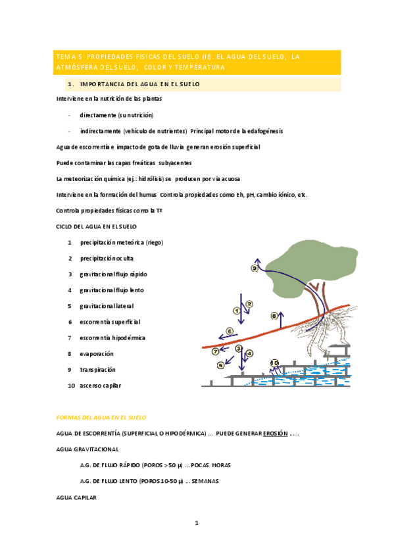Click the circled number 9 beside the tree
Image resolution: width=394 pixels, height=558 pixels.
tap(255, 268)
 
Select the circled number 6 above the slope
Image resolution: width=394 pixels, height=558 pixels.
tap(230, 331)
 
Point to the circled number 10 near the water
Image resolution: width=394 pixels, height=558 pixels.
tap(274, 363)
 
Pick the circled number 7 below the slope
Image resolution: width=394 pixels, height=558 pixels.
tap(215, 351)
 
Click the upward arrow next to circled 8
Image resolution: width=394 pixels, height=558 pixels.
tap(282, 320)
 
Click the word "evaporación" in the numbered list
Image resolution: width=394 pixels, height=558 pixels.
tap(97, 353)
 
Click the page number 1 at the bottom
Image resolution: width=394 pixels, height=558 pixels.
tap(196, 523)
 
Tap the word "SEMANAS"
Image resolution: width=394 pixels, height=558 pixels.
tap(205, 481)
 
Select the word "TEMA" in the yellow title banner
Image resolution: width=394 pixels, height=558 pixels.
tap(67, 57)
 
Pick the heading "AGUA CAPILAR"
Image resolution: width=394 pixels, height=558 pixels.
tap(77, 497)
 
